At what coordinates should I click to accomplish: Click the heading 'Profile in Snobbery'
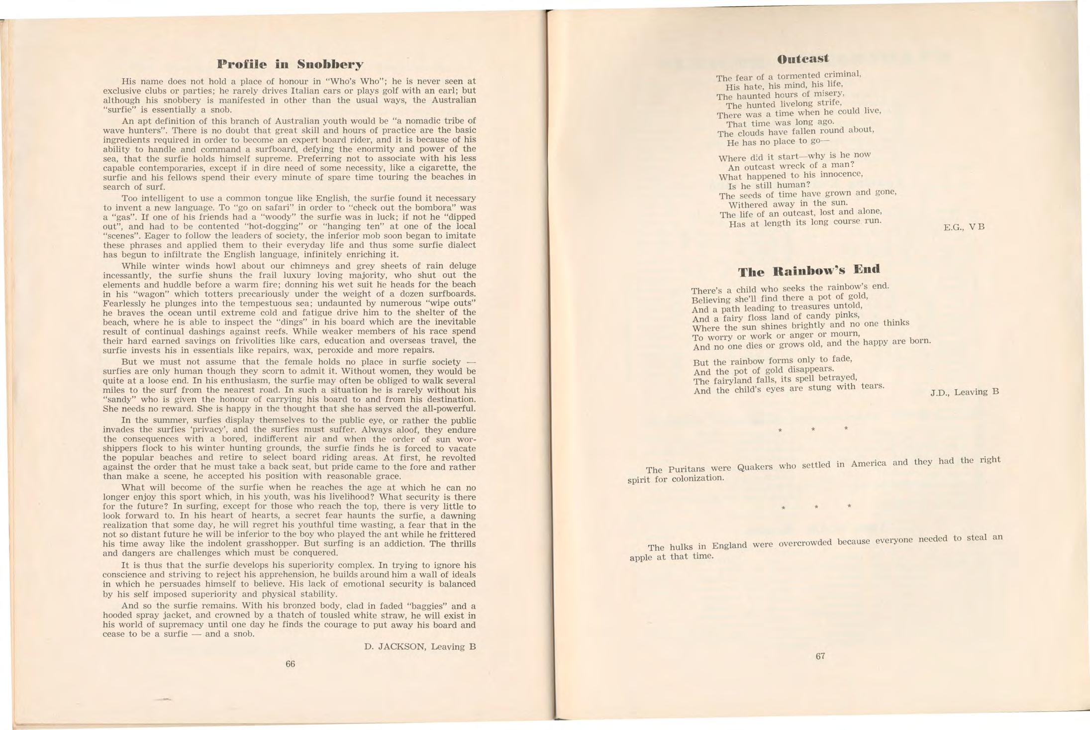(x=290, y=65)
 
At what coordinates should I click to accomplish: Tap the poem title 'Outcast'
(x=803, y=59)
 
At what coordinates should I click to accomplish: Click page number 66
(x=291, y=664)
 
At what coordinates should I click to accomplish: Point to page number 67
(x=820, y=656)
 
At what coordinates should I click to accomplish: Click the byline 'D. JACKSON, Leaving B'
(x=420, y=647)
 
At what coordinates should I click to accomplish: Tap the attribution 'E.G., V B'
(x=964, y=227)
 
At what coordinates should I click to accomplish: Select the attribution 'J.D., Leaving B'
(x=964, y=392)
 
